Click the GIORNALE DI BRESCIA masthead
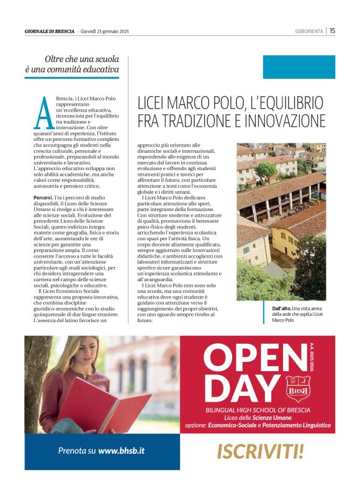50,31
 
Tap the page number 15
332,30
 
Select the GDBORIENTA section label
309,31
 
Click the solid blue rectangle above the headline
299,67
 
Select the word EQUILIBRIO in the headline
287,102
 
